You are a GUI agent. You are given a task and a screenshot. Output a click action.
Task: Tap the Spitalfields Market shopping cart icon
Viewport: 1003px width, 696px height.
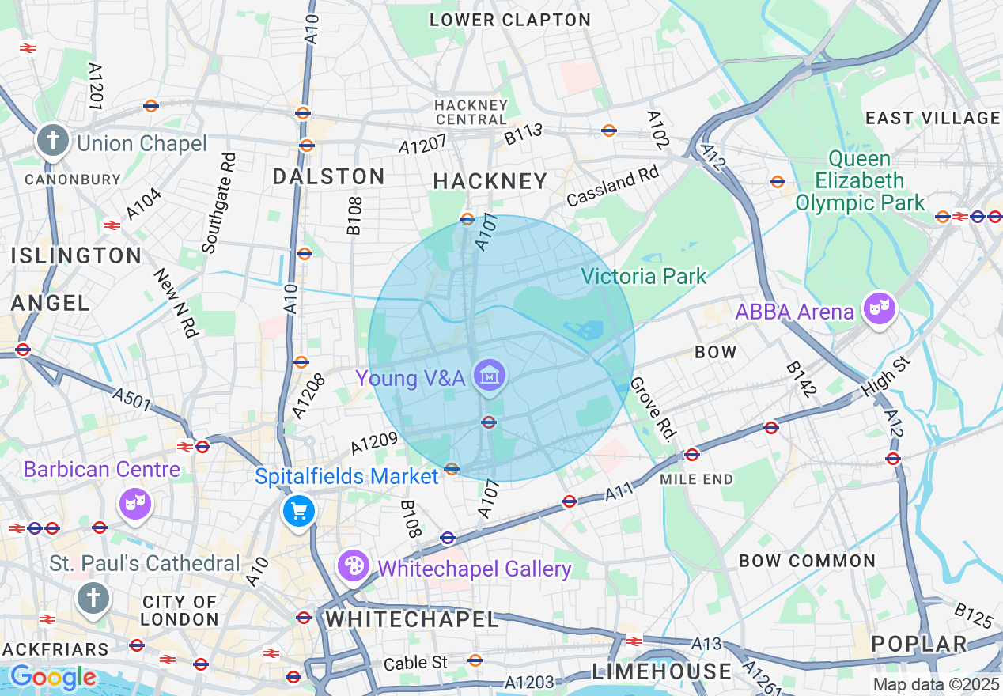click(x=299, y=511)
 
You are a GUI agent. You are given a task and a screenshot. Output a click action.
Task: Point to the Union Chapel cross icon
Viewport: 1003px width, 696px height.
click(x=53, y=141)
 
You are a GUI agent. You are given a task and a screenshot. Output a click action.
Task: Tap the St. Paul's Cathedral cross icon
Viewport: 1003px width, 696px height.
click(x=93, y=597)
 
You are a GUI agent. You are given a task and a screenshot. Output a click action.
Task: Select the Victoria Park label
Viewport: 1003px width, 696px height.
click(x=643, y=276)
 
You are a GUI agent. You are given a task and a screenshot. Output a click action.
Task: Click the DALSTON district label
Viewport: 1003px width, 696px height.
click(x=328, y=176)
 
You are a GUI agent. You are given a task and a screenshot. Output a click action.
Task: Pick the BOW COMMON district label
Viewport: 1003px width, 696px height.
click(x=807, y=561)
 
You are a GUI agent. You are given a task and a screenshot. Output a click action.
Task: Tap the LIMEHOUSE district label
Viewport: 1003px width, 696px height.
click(x=662, y=671)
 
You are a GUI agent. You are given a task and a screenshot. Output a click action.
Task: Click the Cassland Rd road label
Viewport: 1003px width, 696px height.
click(x=612, y=187)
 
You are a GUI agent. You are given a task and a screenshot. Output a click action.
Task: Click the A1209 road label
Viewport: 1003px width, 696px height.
click(x=373, y=446)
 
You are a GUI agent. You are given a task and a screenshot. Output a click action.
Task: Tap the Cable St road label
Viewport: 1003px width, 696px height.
click(x=415, y=662)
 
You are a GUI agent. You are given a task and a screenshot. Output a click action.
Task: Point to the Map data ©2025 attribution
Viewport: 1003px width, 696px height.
click(x=936, y=684)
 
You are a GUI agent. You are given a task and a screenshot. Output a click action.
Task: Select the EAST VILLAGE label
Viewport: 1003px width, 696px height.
click(x=933, y=118)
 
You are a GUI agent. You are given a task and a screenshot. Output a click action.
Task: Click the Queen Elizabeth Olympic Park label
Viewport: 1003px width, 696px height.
click(x=859, y=181)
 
